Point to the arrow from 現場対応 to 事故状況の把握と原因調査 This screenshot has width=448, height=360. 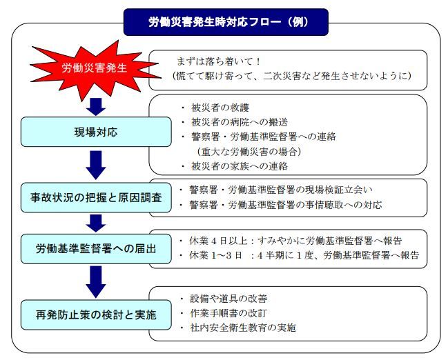coord(96,164)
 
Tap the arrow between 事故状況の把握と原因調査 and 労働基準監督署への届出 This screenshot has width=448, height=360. coord(96,222)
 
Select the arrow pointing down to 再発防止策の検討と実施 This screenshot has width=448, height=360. coord(96,280)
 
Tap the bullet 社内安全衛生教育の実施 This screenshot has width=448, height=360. coord(238,328)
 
